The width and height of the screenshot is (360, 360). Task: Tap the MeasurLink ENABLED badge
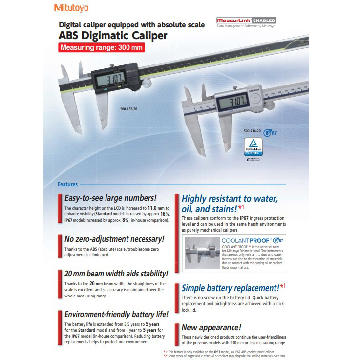pos(246,21)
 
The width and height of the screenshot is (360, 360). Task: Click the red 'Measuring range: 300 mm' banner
pos(102,48)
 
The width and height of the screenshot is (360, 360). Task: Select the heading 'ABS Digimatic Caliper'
pos(113,36)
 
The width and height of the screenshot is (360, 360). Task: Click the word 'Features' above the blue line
pos(67,184)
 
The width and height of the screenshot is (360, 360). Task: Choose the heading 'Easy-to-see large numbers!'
pos(110,198)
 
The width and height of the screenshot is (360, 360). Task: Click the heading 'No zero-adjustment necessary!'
pos(114,239)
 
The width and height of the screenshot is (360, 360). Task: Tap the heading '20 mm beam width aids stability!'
pos(116,274)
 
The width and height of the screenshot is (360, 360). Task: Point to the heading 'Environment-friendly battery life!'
pos(117,314)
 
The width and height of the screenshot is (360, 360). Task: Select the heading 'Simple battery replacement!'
pos(230,288)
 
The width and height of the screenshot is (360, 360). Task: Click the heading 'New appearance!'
pos(212,327)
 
